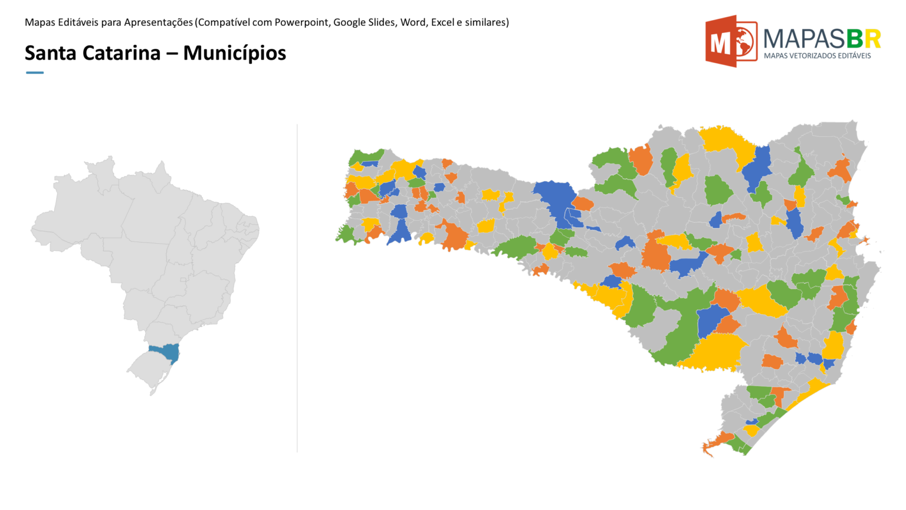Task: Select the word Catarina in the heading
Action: (x=121, y=53)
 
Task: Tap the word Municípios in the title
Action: (x=234, y=53)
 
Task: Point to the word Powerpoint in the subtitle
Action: (x=301, y=22)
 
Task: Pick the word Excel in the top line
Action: (x=442, y=22)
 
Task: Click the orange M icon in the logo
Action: (x=730, y=41)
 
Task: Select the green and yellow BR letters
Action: (x=864, y=39)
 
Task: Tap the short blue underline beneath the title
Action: (x=35, y=73)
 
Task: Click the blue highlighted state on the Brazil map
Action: (x=165, y=352)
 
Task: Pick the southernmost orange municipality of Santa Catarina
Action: (x=715, y=443)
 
